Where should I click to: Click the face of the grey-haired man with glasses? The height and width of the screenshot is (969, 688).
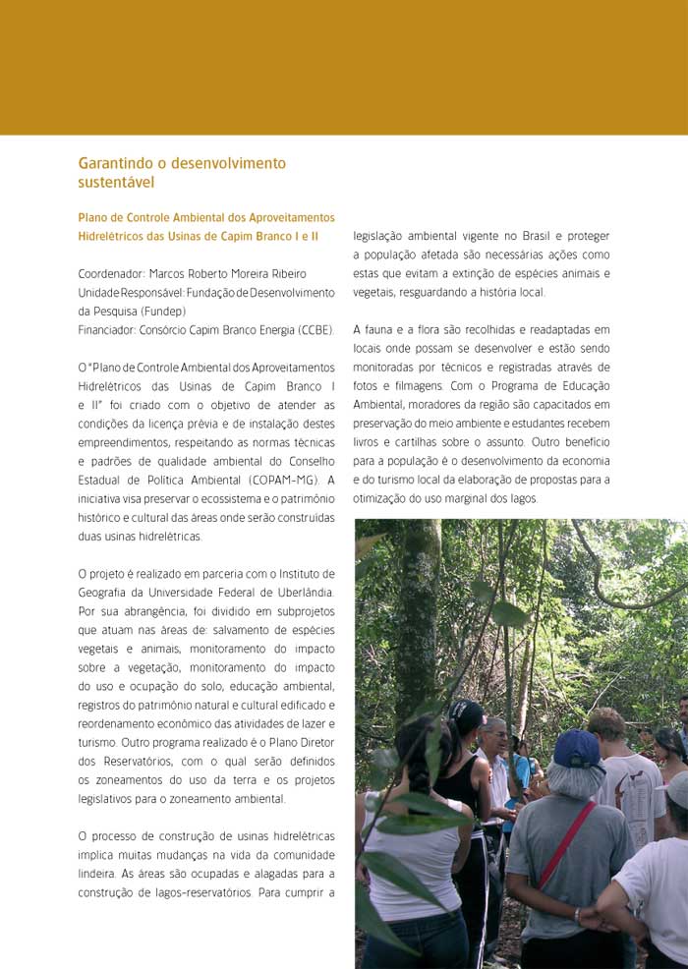tap(496, 736)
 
